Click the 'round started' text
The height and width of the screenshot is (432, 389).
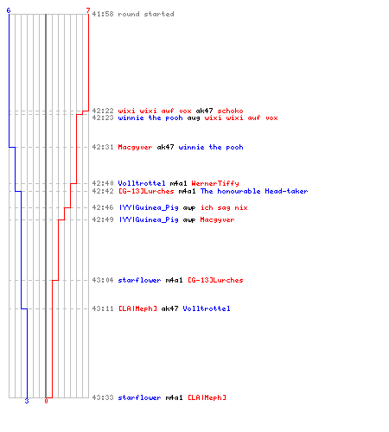(146, 14)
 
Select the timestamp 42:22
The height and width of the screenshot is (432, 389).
(103, 111)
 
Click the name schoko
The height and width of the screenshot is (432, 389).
(230, 111)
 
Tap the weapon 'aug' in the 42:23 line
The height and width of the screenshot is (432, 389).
(194, 118)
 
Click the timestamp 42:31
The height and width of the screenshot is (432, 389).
(103, 147)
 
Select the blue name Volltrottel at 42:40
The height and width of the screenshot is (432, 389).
(142, 183)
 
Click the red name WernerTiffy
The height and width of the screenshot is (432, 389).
(215, 183)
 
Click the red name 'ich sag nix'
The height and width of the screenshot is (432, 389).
(224, 207)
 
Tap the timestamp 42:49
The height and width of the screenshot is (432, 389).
(103, 219)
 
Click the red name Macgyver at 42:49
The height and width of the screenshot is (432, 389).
(217, 220)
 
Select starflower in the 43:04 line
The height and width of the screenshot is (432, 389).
(139, 280)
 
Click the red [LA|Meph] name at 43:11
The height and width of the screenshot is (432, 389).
(138, 308)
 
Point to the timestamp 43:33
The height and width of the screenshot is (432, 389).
(103, 397)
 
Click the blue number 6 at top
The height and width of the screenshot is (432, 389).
(9, 10)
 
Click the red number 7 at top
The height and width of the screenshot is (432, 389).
(88, 10)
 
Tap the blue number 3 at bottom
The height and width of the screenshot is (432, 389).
(27, 401)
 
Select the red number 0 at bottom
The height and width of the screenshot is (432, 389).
(46, 401)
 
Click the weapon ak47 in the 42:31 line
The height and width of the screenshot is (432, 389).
(165, 147)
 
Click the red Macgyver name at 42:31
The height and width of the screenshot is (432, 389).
(135, 148)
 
